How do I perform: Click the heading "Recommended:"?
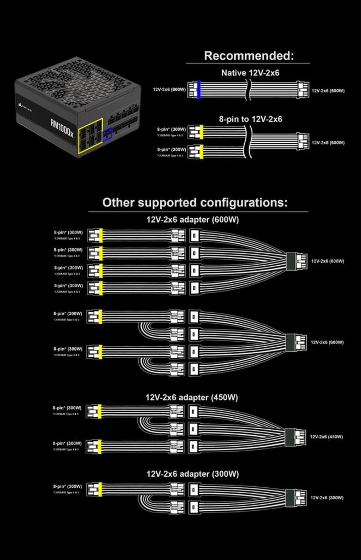coord(248,56)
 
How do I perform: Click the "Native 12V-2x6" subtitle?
coord(250,73)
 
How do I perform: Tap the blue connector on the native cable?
coord(199,90)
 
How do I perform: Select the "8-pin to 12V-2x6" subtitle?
coord(250,119)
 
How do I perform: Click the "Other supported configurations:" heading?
coord(194,202)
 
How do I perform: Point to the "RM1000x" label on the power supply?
coord(61,127)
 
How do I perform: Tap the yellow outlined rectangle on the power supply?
coord(90,134)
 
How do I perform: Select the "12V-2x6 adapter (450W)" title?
coord(191,398)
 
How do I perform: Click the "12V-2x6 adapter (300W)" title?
coord(192,474)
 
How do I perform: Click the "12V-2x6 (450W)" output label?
coord(327,437)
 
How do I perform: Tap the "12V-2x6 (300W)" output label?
coord(327,498)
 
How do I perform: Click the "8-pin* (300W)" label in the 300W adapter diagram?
coord(67,486)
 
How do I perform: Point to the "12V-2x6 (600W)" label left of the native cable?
coord(169,90)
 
